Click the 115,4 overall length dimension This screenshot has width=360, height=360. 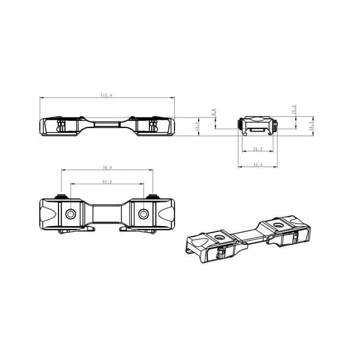106,96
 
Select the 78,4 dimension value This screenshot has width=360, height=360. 107,168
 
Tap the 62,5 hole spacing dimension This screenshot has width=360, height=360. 107,182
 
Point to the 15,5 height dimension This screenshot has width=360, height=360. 196,126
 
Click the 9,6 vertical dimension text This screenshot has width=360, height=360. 213,112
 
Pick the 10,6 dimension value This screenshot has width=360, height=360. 294,109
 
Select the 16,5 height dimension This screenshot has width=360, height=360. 311,126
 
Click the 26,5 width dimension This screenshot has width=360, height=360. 258,149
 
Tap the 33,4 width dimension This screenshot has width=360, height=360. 258,165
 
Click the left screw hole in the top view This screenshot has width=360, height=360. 71,214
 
